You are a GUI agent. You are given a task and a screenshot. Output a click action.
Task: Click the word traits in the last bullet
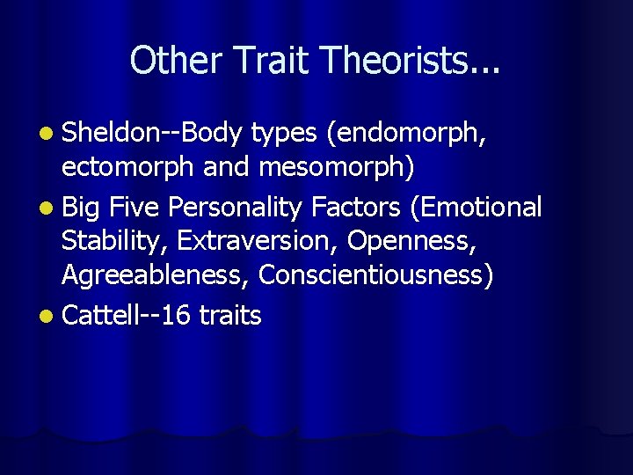[x=230, y=315]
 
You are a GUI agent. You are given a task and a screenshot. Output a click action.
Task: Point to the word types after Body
[x=283, y=134]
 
